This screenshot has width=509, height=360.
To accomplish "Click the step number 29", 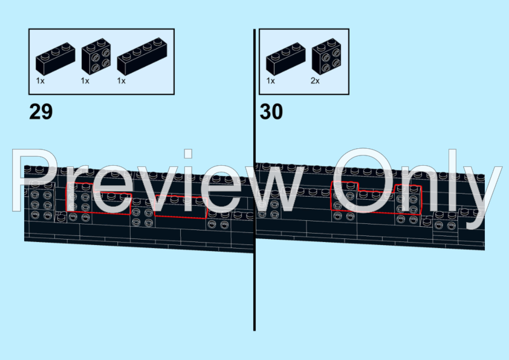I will click(x=41, y=112).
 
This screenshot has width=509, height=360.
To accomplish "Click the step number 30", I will click(x=271, y=112).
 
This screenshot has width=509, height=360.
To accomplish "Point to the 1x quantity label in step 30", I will click(x=270, y=80).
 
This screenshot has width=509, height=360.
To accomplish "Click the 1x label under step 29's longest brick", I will click(x=122, y=80).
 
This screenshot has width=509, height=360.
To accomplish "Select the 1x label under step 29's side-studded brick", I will click(x=85, y=80).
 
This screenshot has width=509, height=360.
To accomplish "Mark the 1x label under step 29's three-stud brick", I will click(x=40, y=80).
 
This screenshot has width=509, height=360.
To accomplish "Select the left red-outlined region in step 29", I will click(x=97, y=200).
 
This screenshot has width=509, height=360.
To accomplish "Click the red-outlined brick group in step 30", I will click(x=375, y=200).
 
